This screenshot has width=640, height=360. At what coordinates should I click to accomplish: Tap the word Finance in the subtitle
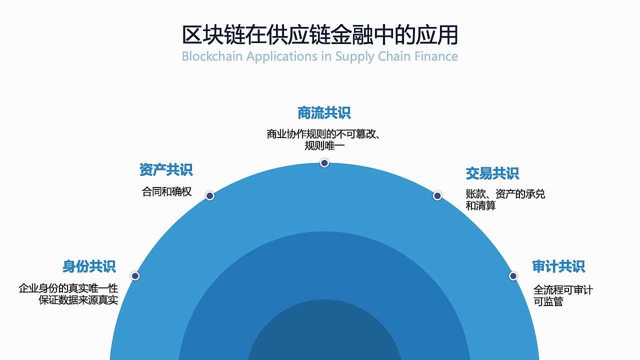click(436, 56)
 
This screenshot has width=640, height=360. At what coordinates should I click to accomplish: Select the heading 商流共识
click(324, 113)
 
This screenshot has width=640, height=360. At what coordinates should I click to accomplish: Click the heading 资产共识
click(166, 170)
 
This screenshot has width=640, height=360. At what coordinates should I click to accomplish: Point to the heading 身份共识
click(89, 266)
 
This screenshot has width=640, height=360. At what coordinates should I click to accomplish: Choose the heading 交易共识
click(492, 173)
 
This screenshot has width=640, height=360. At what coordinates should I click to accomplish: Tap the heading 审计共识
click(558, 266)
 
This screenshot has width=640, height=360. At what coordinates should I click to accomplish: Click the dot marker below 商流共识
click(324, 163)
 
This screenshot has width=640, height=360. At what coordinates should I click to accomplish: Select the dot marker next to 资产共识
click(210, 196)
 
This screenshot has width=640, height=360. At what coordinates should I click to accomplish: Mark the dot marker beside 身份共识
click(135, 276)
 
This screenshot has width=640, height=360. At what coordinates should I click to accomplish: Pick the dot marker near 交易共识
click(437, 196)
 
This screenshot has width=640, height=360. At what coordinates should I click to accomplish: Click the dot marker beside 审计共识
click(513, 276)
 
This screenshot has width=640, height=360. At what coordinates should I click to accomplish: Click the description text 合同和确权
click(167, 192)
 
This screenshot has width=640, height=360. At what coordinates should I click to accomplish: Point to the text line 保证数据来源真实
click(78, 300)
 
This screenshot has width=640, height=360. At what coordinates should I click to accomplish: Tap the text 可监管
click(548, 302)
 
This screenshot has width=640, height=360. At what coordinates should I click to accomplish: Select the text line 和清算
click(480, 205)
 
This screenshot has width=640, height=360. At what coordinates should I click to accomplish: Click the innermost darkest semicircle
click(324, 335)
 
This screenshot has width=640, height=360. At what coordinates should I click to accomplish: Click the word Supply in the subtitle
click(354, 56)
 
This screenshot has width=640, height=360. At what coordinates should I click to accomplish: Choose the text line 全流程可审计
click(563, 290)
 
